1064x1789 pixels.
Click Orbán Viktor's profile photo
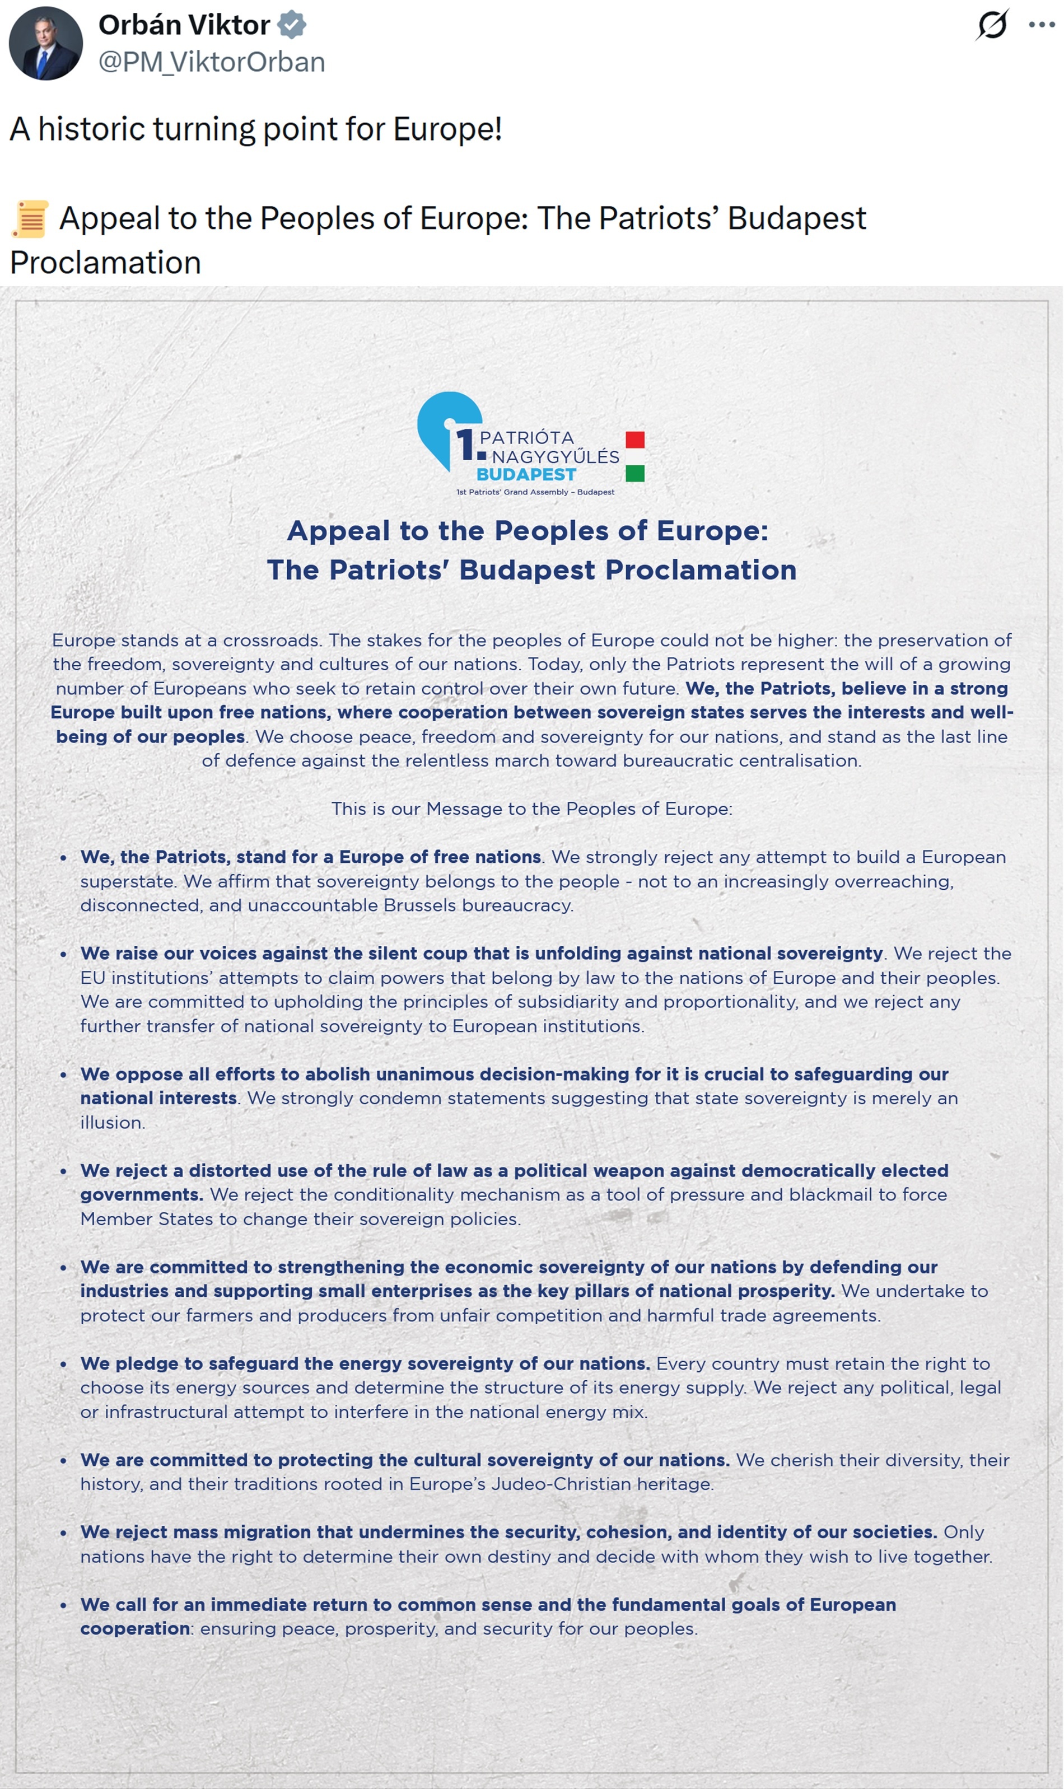click(x=46, y=43)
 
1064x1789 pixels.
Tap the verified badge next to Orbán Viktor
click(x=292, y=25)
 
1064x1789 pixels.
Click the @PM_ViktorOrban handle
click(x=212, y=62)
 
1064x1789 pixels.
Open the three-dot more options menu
click(x=1040, y=25)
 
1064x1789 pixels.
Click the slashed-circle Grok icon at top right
click(x=993, y=25)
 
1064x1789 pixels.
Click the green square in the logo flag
click(x=634, y=473)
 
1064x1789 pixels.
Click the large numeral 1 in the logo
click(x=465, y=445)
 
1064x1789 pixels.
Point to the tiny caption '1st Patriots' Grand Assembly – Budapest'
click(x=535, y=492)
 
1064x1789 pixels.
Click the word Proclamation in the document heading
click(x=701, y=570)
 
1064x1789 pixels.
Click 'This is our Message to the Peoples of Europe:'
click(x=531, y=809)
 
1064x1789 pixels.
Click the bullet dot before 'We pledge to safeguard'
click(x=64, y=1364)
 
